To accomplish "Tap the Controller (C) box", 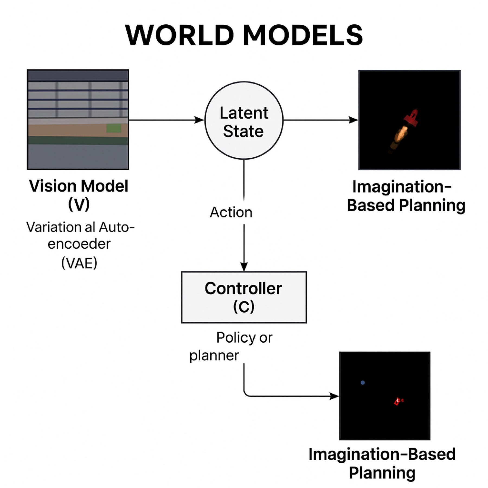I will (244, 297).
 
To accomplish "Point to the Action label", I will (231, 212).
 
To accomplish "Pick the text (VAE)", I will (79, 263).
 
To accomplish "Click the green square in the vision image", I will (114, 128).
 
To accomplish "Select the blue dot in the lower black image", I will (362, 383).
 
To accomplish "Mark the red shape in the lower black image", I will (397, 401).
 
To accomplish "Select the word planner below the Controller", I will (214, 356).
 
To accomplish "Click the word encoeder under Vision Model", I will (79, 244).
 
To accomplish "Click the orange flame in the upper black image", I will (401, 135).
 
